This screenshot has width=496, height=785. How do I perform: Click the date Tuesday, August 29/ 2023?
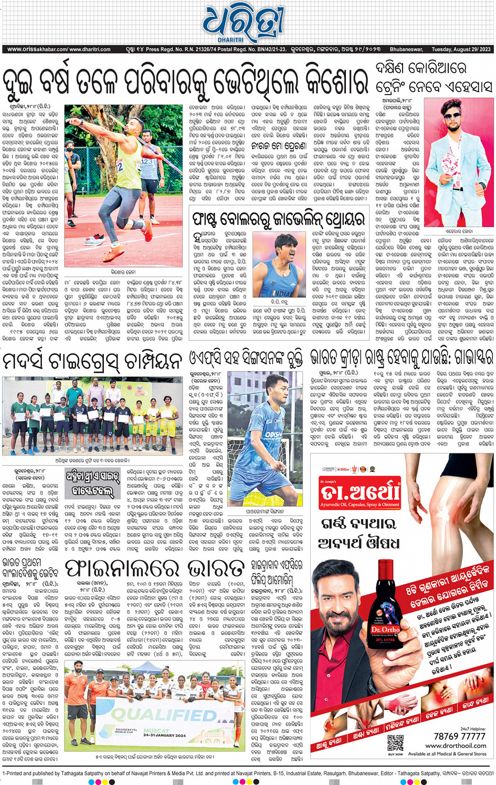pos(461,49)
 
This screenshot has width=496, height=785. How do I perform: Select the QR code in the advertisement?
pos(395,743)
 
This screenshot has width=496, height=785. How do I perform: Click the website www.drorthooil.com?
pos(456,746)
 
